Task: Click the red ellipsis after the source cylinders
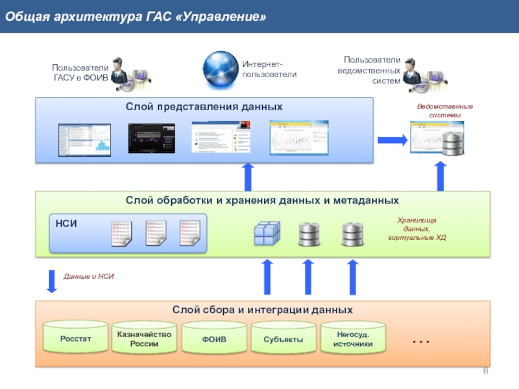tap(421, 340)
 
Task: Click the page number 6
tap(485, 370)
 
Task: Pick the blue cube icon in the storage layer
tap(266, 233)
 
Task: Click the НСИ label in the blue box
tap(66, 224)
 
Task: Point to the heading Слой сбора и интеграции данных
tap(263, 310)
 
